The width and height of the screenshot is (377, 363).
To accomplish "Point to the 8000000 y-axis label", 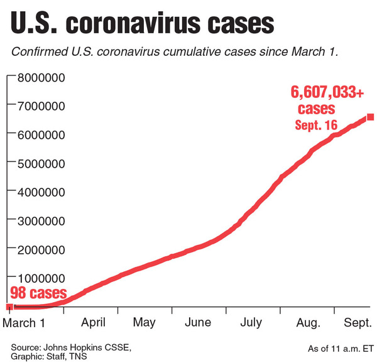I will click(41, 79).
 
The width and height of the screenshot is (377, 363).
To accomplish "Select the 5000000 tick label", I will click(41, 164).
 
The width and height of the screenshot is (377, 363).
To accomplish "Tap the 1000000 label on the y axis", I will click(41, 278).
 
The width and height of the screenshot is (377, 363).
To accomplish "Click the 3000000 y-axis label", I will click(41, 221).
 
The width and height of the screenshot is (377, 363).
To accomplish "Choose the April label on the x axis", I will click(92, 323).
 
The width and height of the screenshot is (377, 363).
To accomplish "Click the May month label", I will click(145, 323).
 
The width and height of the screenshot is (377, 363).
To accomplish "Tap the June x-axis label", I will click(198, 323).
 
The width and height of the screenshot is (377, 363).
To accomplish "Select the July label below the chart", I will click(251, 323).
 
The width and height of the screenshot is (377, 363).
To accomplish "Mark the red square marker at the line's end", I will click(371, 117).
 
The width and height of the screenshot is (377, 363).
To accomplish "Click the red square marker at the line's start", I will click(9, 307).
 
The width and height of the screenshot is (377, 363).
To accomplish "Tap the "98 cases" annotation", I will click(38, 293).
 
